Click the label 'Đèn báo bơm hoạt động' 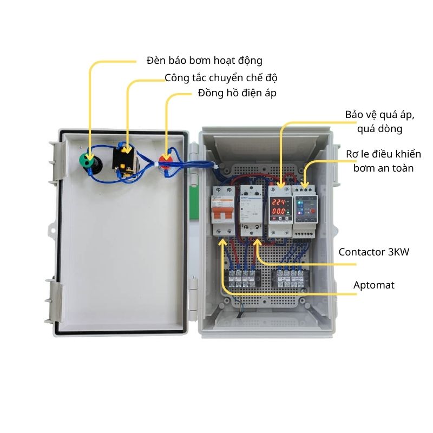pos(204,60)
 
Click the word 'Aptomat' pos(373,285)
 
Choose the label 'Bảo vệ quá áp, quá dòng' pos(379,122)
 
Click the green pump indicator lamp pos(87,161)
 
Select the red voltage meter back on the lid pos(167,160)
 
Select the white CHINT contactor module pos(251,208)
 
